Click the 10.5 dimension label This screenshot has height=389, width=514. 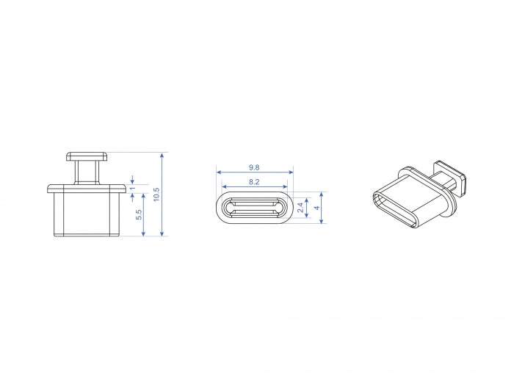click(x=156, y=194)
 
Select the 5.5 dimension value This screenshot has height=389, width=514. click(x=138, y=214)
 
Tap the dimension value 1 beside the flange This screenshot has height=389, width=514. click(x=132, y=188)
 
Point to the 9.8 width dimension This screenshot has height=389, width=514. click(x=254, y=167)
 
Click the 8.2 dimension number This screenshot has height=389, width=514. click(x=254, y=182)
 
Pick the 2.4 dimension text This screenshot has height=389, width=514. click(x=300, y=208)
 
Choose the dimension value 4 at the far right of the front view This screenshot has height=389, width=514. click(x=316, y=208)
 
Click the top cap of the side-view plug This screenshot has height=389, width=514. click(x=87, y=156)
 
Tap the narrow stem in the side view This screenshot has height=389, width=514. click(x=87, y=172)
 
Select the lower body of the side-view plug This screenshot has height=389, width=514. click(x=87, y=214)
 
